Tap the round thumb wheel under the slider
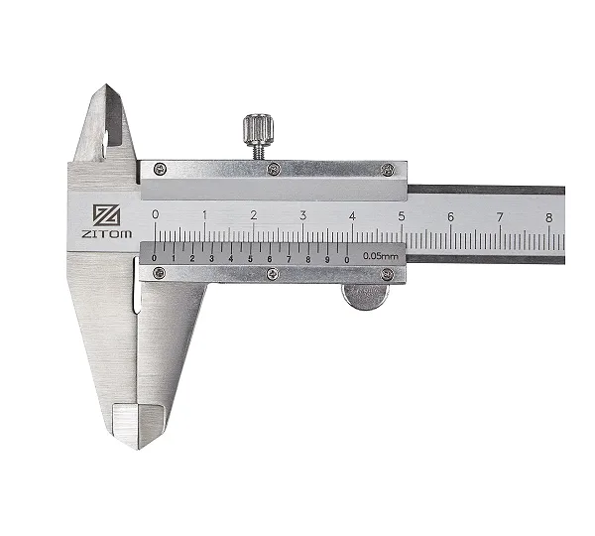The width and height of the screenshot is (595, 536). point(365,297)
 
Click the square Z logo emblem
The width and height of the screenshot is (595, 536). point(107,215)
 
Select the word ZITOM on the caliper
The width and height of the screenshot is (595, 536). point(107,233)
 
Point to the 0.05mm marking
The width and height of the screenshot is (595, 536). point(380,256)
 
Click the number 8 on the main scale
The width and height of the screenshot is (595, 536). point(548,217)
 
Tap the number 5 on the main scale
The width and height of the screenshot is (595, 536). point(402,216)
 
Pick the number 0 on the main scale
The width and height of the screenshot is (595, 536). point(156,214)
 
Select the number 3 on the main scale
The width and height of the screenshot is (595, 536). point(302,215)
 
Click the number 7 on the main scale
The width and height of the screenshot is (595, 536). point(500,217)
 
